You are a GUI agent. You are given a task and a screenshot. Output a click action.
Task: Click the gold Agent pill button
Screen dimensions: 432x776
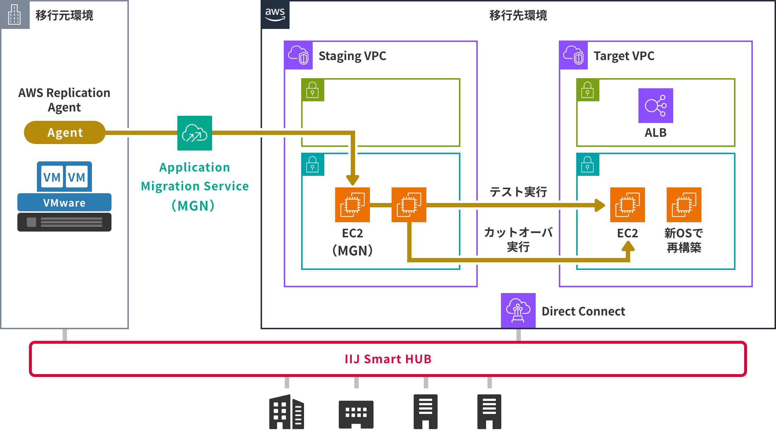pyautogui.click(x=65, y=132)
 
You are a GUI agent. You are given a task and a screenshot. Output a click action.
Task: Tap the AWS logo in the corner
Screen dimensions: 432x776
pyautogui.click(x=275, y=14)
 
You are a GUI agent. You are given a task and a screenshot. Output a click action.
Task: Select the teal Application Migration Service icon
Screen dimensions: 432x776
pyautogui.click(x=195, y=133)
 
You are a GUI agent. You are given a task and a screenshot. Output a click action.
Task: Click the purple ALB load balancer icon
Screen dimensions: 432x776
pyautogui.click(x=655, y=106)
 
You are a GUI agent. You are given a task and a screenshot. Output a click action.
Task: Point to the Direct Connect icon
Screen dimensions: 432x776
pyautogui.click(x=518, y=310)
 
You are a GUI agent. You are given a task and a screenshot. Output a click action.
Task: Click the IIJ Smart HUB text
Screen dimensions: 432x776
pyautogui.click(x=388, y=359)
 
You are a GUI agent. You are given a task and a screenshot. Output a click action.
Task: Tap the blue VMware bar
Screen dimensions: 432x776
pyautogui.click(x=64, y=203)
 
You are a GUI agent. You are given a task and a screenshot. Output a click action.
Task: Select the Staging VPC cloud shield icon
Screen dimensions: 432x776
pyautogui.click(x=298, y=55)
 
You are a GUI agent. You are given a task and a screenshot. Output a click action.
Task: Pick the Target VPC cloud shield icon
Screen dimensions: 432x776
pyautogui.click(x=573, y=55)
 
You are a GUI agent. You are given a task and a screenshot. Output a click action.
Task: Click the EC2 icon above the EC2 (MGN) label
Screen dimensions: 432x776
pyautogui.click(x=352, y=205)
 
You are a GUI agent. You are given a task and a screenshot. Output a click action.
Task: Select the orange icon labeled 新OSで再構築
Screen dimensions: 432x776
pyautogui.click(x=684, y=205)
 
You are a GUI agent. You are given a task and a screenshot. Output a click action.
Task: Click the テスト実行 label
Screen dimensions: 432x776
pyautogui.click(x=518, y=192)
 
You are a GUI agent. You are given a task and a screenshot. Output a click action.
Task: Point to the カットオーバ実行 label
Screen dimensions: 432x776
pyautogui.click(x=518, y=240)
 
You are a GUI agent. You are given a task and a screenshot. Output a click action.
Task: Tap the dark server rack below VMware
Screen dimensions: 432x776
pyautogui.click(x=64, y=222)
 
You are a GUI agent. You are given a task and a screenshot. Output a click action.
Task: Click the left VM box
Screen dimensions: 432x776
pyautogui.click(x=52, y=177)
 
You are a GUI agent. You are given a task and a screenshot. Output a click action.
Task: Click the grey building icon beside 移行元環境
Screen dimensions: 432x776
pyautogui.click(x=14, y=14)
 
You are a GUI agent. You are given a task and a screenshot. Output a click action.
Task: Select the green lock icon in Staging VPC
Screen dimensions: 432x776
pyautogui.click(x=313, y=90)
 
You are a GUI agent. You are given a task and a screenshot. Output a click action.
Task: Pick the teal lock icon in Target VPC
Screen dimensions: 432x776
pyautogui.click(x=588, y=165)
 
